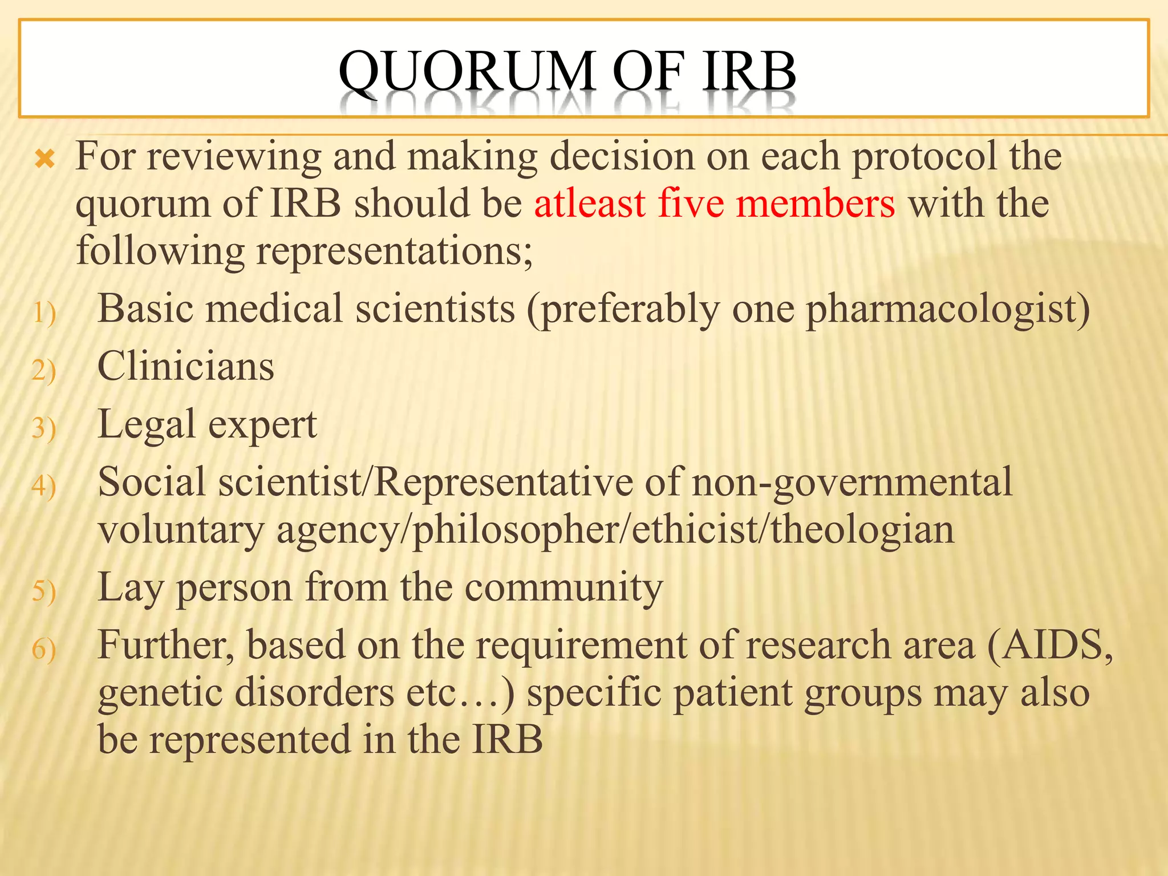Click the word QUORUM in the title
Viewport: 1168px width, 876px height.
click(467, 72)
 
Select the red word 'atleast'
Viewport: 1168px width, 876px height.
click(590, 204)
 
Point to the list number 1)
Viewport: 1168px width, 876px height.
click(44, 313)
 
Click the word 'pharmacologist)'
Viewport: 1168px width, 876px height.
click(947, 310)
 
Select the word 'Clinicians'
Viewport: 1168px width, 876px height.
click(186, 366)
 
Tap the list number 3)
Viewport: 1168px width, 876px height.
click(44, 428)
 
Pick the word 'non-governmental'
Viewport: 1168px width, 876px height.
click(851, 482)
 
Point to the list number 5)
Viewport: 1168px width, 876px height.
click(44, 591)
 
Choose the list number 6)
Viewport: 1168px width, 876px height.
click(44, 650)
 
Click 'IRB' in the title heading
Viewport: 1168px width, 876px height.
click(749, 72)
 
